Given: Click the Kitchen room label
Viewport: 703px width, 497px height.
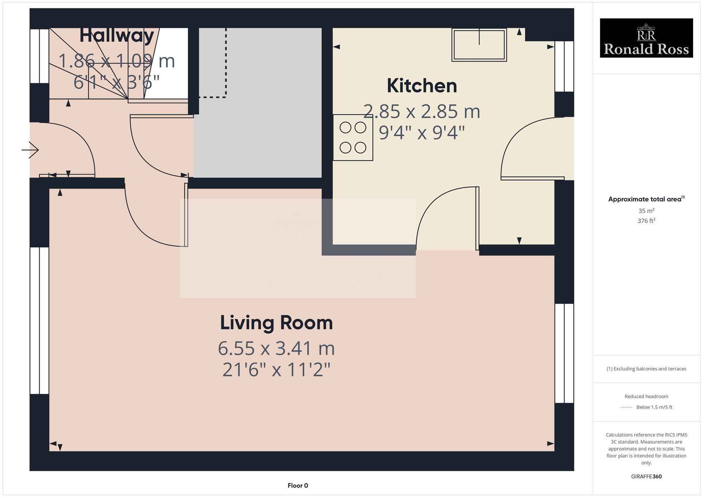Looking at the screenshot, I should pyautogui.click(x=422, y=86).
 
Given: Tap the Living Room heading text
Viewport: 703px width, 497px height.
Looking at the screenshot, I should pyautogui.click(x=276, y=322).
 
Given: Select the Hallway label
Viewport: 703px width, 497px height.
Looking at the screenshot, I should pyautogui.click(x=116, y=35).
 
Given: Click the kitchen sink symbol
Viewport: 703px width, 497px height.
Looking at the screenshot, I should pyautogui.click(x=479, y=45).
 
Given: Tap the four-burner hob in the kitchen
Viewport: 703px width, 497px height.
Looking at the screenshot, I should pyautogui.click(x=353, y=138).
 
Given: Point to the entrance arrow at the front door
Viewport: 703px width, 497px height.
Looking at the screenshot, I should pyautogui.click(x=31, y=150).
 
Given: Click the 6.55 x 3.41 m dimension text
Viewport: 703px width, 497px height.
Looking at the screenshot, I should pyautogui.click(x=276, y=348).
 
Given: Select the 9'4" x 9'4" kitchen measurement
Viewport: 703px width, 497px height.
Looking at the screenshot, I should pyautogui.click(x=422, y=133).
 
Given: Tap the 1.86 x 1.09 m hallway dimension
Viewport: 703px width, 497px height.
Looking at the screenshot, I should pyautogui.click(x=116, y=61).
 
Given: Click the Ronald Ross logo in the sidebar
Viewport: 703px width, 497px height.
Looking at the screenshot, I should pyautogui.click(x=646, y=38).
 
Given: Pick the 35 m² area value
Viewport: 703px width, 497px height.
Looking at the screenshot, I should pyautogui.click(x=646, y=211).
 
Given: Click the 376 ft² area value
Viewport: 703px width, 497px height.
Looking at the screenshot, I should pyautogui.click(x=646, y=221).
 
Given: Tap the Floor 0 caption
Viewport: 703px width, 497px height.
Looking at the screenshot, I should pyautogui.click(x=298, y=485).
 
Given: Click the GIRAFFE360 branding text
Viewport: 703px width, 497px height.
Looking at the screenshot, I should pyautogui.click(x=646, y=476).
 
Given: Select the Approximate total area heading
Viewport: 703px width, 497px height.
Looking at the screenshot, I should pyautogui.click(x=646, y=199).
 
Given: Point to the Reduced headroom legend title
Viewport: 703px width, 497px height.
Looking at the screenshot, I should pyautogui.click(x=646, y=396).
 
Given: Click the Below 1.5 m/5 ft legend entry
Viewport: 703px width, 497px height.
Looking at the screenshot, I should pyautogui.click(x=654, y=407).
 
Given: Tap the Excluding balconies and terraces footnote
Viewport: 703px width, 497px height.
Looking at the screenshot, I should pyautogui.click(x=646, y=369).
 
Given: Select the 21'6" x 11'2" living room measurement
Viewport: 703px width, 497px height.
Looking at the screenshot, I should pyautogui.click(x=276, y=370).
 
